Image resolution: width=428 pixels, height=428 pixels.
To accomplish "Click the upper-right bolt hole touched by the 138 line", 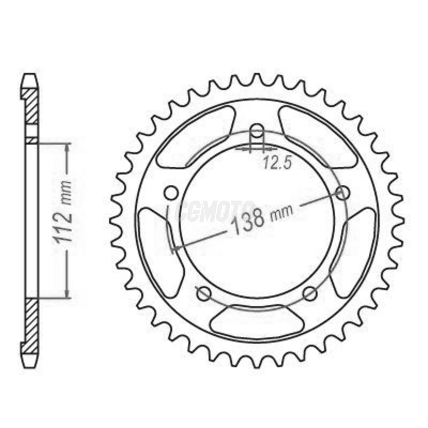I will coord(342,193).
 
